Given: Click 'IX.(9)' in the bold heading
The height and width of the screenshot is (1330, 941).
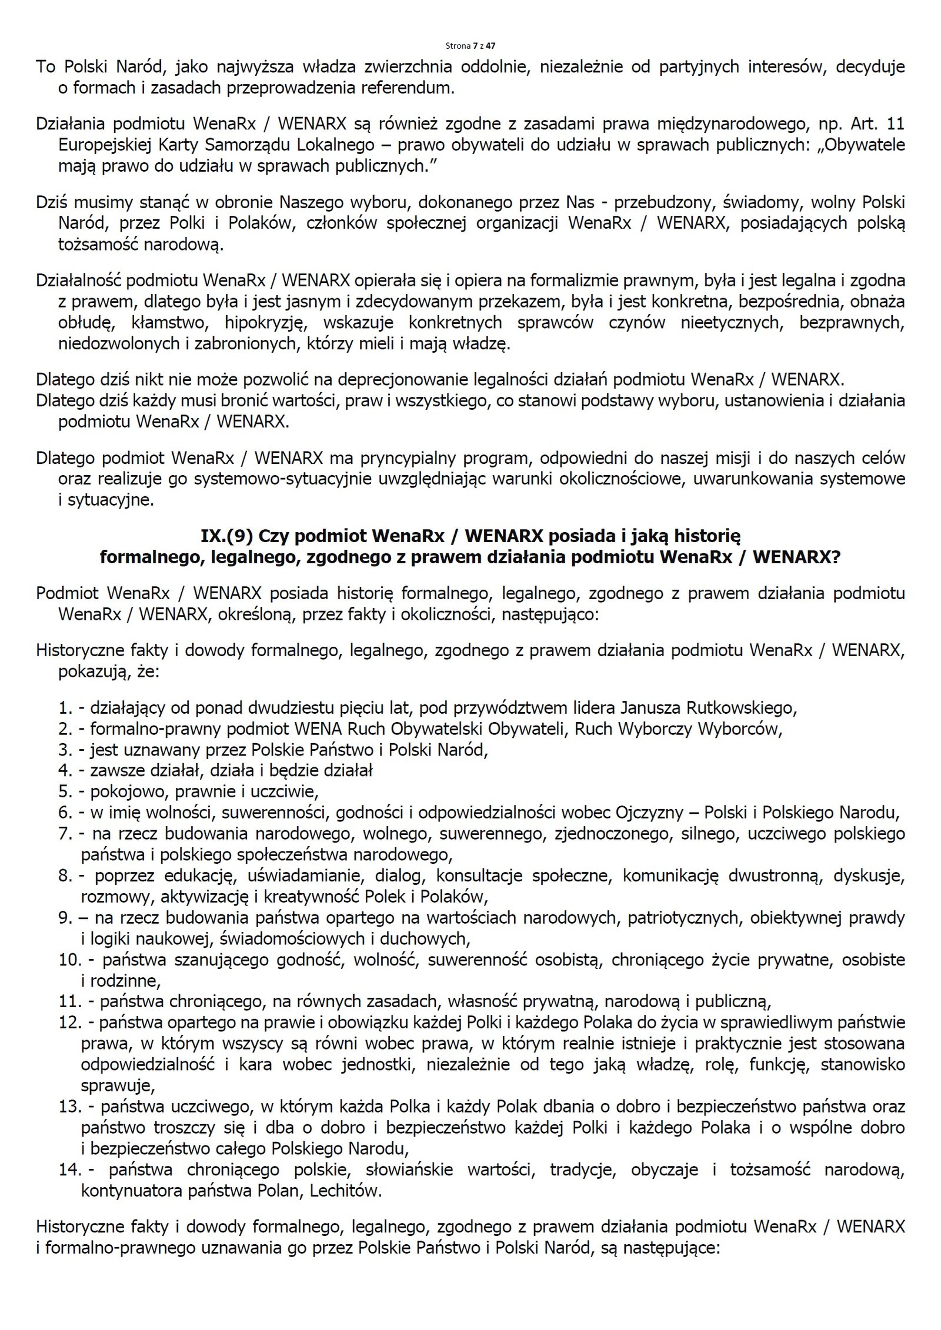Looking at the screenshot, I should tap(226, 536).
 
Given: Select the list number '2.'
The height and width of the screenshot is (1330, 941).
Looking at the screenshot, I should tap(65, 729).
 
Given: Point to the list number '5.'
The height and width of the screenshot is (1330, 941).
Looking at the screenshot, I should tap(65, 792).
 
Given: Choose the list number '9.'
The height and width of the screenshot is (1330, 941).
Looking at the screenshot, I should tap(65, 918).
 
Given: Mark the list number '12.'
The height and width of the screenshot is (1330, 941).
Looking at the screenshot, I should tap(69, 1022).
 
